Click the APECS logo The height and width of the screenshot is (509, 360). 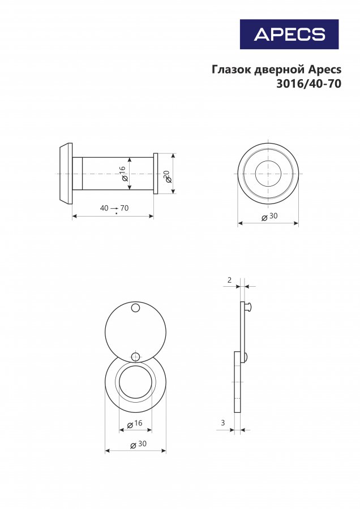pyautogui.click(x=289, y=34)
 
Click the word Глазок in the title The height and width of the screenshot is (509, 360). pyautogui.click(x=231, y=70)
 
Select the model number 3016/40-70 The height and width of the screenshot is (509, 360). pyautogui.click(x=308, y=84)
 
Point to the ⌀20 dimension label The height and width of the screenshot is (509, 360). pyautogui.click(x=168, y=177)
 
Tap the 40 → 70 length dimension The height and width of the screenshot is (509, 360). pyautogui.click(x=114, y=208)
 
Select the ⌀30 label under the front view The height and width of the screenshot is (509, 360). pyautogui.click(x=269, y=216)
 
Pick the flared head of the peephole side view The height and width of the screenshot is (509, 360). pyautogui.click(x=66, y=174)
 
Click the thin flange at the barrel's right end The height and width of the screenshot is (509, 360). pyautogui.click(x=155, y=174)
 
